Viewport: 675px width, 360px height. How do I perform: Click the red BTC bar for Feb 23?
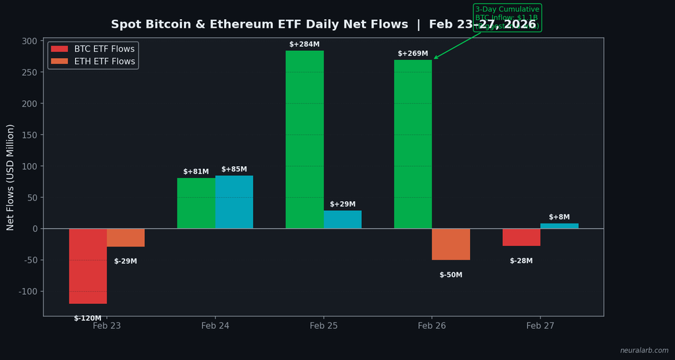pyautogui.click(x=88, y=266)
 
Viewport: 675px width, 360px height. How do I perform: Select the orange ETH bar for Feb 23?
pyautogui.click(x=125, y=237)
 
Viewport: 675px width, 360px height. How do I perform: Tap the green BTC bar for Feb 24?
pyautogui.click(x=196, y=203)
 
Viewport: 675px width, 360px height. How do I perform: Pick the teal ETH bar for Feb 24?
pyautogui.click(x=234, y=202)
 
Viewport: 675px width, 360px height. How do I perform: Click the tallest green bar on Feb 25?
pyautogui.click(x=305, y=140)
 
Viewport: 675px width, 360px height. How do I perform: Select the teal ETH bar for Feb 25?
pyautogui.click(x=342, y=220)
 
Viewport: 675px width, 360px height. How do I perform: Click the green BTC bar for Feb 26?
pyautogui.click(x=413, y=144)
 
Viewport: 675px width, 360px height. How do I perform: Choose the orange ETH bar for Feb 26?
pyautogui.click(x=451, y=244)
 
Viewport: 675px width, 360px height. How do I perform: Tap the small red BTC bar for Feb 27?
pyautogui.click(x=521, y=237)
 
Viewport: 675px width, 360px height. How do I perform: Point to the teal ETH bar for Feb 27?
pyautogui.click(x=559, y=226)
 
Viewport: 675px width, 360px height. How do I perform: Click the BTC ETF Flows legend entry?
pyautogui.click(x=93, y=49)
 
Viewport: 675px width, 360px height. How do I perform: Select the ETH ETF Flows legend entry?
pyautogui.click(x=93, y=61)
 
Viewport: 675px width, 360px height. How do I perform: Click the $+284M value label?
pyautogui.click(x=305, y=45)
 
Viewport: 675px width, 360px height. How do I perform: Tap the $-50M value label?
pyautogui.click(x=451, y=275)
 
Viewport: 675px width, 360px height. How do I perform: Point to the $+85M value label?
pyautogui.click(x=234, y=169)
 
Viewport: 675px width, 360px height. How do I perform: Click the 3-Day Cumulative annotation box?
pyautogui.click(x=507, y=18)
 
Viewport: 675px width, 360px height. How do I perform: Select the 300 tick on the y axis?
pyautogui.click(x=29, y=41)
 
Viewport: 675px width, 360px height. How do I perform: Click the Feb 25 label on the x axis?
pyautogui.click(x=324, y=326)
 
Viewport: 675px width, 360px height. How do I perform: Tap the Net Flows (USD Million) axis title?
pyautogui.click(x=11, y=177)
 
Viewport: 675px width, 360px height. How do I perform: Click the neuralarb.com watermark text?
pyautogui.click(x=643, y=351)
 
